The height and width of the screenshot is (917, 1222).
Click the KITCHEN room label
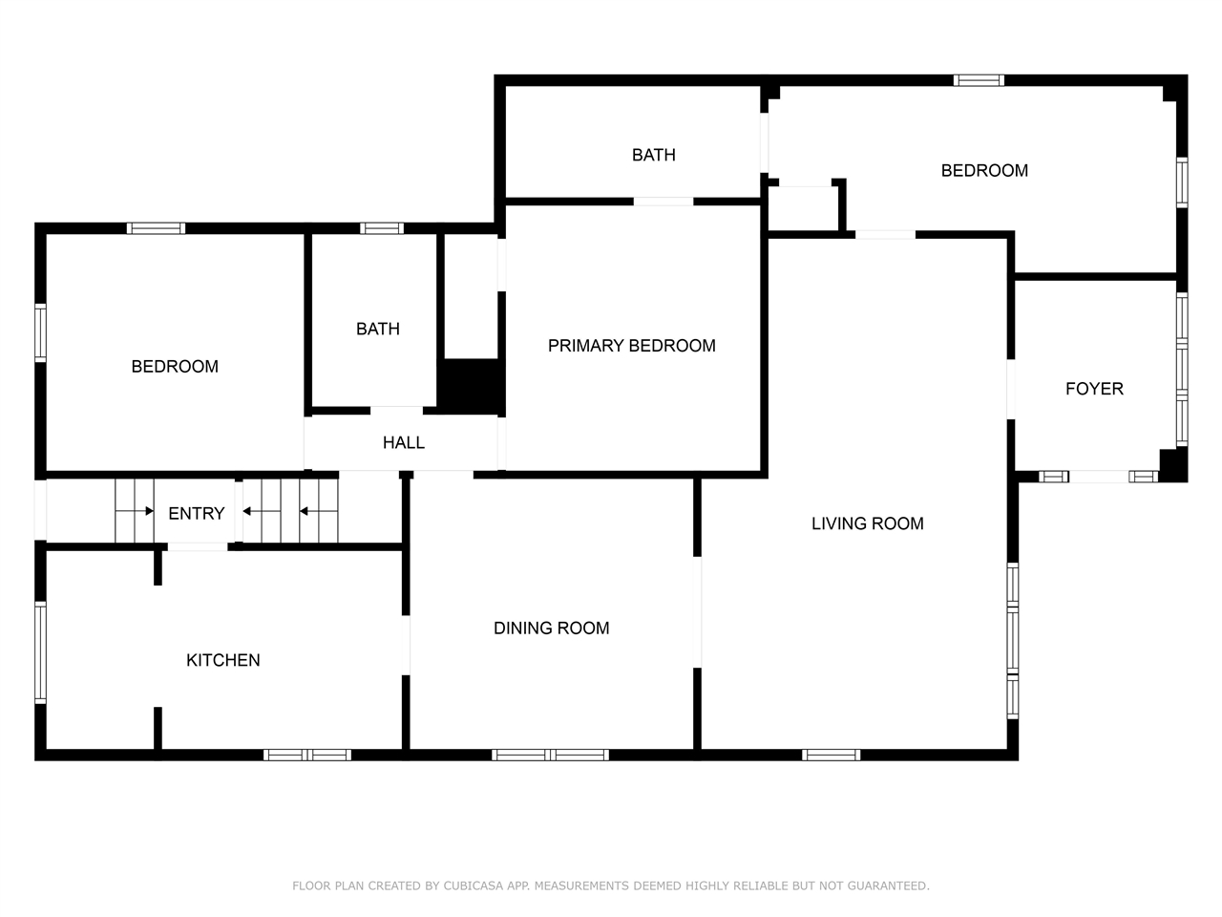click(222, 660)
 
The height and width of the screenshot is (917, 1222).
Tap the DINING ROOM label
click(551, 628)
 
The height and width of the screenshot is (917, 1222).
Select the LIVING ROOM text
click(867, 523)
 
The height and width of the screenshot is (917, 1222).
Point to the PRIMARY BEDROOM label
click(631, 346)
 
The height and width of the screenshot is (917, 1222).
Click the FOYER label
click(1094, 389)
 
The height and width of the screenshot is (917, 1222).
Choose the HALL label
click(403, 442)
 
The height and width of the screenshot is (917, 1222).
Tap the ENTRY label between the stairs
click(196, 513)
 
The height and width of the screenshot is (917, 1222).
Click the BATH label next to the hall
click(377, 329)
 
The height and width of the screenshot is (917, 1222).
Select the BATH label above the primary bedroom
click(653, 155)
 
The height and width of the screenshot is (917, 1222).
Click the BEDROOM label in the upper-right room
click(984, 170)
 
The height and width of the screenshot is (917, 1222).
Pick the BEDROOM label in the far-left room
click(175, 366)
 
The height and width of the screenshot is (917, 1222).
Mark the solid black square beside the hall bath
click(471, 386)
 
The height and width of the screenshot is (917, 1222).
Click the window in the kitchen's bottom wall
click(307, 755)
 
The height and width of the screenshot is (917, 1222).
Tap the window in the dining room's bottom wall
click(550, 755)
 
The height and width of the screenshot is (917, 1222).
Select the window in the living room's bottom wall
click(831, 755)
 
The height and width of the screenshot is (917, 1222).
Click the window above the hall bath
click(381, 228)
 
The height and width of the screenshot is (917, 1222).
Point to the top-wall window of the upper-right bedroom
click(979, 80)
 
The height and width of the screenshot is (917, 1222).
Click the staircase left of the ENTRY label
click(135, 511)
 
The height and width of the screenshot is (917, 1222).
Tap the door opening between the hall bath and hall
click(397, 411)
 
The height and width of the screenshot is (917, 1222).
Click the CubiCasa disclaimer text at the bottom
click(610, 885)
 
